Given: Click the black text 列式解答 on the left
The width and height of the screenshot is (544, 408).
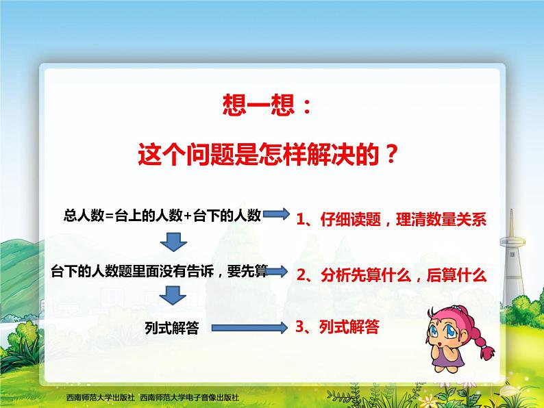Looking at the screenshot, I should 173,328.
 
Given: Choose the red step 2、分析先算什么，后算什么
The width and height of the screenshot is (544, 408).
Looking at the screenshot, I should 391,275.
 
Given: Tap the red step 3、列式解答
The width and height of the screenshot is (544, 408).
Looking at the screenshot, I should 336,327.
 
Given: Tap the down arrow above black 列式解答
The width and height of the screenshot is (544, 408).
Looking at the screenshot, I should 173,296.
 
